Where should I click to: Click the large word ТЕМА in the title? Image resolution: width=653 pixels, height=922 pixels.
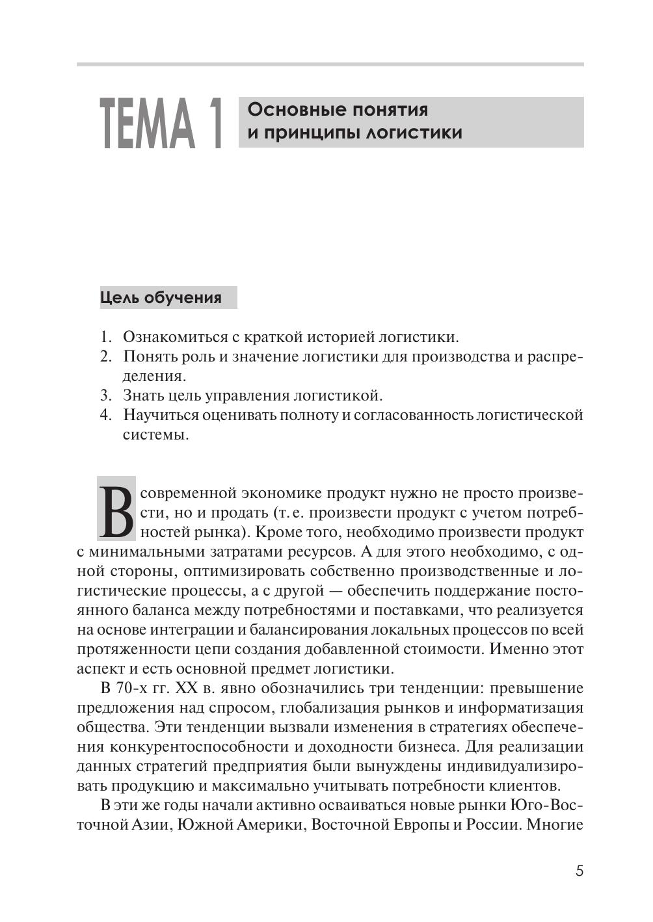(148, 124)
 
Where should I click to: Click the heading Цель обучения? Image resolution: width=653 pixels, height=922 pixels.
(161, 298)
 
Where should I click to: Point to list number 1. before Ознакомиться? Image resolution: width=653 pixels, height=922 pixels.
(106, 337)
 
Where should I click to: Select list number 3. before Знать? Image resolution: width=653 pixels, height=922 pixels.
(106, 395)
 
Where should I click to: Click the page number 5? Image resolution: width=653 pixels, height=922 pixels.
(579, 871)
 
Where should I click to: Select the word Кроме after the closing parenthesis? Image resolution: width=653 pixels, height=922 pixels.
(278, 532)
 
